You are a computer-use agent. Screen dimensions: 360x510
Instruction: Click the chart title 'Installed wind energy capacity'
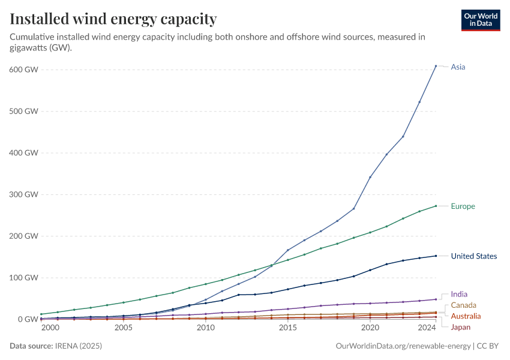pos(113,19)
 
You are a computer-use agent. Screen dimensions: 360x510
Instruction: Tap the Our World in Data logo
pos(480,20)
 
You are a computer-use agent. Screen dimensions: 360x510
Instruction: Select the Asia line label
pos(458,67)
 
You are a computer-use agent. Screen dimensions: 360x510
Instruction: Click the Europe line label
pos(463,206)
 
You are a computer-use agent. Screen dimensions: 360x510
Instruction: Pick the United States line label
pos(474,256)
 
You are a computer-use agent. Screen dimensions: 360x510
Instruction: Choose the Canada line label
pos(463,305)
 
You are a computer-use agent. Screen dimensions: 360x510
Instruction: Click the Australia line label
pos(466,316)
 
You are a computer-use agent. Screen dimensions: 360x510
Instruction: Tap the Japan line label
pos(461,327)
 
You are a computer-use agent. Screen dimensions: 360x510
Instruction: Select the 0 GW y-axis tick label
pos(28,319)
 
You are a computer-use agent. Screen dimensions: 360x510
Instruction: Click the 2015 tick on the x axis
pos(288,328)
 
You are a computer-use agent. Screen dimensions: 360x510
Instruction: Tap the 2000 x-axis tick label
pos(50,328)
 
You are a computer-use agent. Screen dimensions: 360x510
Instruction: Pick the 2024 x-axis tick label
pos(426,328)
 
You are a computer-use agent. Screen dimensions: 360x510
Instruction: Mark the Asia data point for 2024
pos(436,65)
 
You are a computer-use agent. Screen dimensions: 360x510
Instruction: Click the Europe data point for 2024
pos(436,206)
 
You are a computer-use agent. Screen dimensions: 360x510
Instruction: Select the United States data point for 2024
pos(436,256)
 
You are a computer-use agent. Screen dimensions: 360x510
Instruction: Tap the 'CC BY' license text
pos(490,346)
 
